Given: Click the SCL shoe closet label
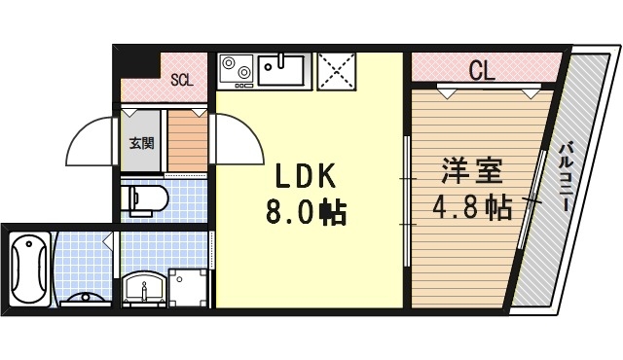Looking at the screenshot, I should pyautogui.click(x=182, y=80).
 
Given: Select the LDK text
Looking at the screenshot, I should pyautogui.click(x=304, y=176).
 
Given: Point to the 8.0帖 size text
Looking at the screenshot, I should pyautogui.click(x=305, y=212).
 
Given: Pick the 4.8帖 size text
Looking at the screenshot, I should pyautogui.click(x=472, y=207).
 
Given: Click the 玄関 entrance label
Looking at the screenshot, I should pyautogui.click(x=140, y=144).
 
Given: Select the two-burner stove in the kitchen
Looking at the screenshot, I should pyautogui.click(x=236, y=69).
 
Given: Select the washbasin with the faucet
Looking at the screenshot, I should pyautogui.click(x=144, y=289).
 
